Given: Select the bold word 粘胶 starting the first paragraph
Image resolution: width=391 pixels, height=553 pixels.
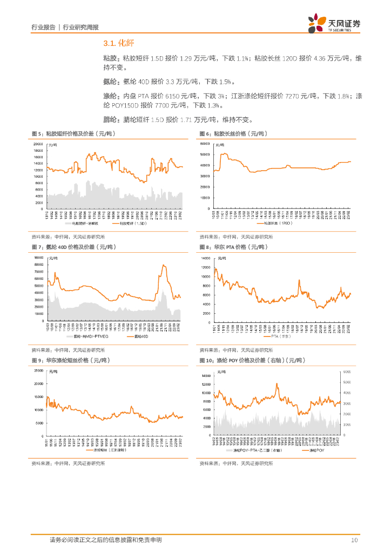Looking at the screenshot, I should pyautogui.click(x=110, y=58).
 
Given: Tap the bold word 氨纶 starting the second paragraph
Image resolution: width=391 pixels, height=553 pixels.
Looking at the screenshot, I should pyautogui.click(x=110, y=82).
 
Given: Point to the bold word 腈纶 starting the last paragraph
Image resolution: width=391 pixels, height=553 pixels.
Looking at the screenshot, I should pyautogui.click(x=110, y=119).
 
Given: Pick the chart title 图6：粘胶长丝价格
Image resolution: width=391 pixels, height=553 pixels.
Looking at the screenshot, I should pyautogui.click(x=233, y=133).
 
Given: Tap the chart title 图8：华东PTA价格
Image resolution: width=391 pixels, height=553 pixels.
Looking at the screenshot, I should pyautogui.click(x=232, y=247).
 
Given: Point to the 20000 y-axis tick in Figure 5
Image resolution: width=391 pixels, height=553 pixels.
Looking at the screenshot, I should pyautogui.click(x=38, y=144).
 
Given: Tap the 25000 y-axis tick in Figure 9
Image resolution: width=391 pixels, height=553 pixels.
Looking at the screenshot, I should pyautogui.click(x=38, y=370).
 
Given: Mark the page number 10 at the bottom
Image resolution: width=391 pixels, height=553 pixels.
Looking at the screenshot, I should pyautogui.click(x=354, y=540).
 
